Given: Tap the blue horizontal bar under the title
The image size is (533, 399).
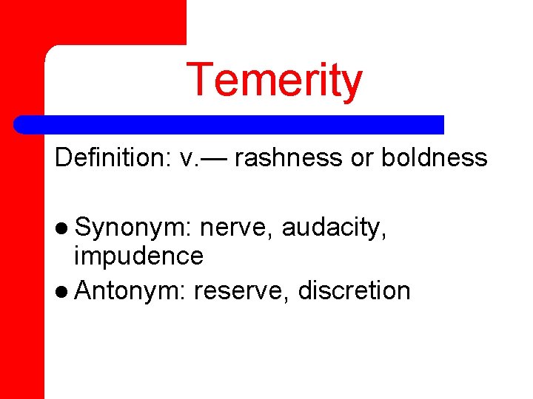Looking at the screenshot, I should (x=229, y=124).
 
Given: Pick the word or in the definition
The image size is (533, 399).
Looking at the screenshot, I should (x=362, y=158).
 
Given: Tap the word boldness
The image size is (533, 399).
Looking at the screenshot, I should (x=435, y=158).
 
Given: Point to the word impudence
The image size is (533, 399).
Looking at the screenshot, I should (x=138, y=256).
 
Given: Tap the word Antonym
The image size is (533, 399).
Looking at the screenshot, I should (x=130, y=290).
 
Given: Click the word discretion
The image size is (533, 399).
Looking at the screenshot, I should (x=354, y=290).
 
